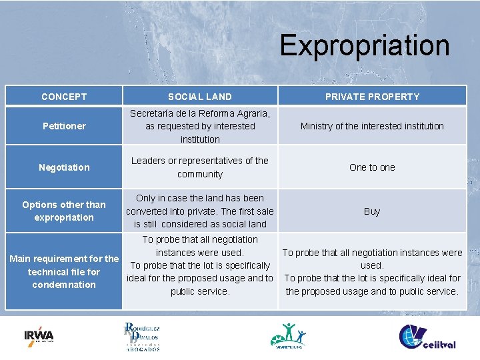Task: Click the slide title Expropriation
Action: [x=364, y=45]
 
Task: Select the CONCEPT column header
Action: [x=64, y=97]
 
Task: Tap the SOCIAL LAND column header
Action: [x=200, y=97]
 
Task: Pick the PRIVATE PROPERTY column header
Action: [x=372, y=97]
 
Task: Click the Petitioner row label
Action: [x=64, y=126]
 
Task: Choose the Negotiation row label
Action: [x=64, y=167]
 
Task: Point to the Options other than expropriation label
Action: [x=64, y=211]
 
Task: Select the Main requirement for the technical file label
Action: [x=64, y=271]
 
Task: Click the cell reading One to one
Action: [x=372, y=167]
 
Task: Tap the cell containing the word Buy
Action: [x=372, y=211]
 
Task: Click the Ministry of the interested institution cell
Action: [x=372, y=126]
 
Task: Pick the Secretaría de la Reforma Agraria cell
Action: [x=200, y=126]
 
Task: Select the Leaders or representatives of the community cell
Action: [x=200, y=167]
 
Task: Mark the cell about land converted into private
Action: [x=200, y=211]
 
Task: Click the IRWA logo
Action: [x=39, y=335]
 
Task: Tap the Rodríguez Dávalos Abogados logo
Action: [x=141, y=336]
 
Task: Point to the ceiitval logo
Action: [x=427, y=336]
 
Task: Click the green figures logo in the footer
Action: [x=288, y=335]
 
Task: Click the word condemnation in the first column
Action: [x=64, y=285]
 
